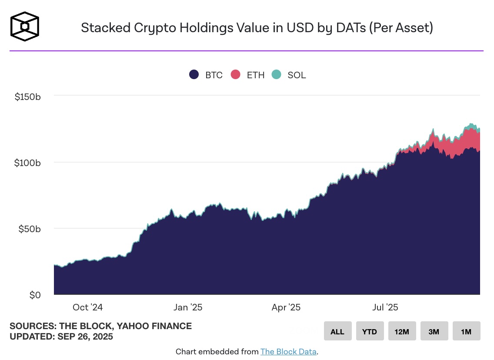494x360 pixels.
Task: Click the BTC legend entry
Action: pyautogui.click(x=206, y=75)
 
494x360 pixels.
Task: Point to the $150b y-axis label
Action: pyautogui.click(x=28, y=97)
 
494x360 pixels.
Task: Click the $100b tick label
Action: pyautogui.click(x=28, y=163)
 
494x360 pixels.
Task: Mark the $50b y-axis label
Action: pyautogui.click(x=30, y=229)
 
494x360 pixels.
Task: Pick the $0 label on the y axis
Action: pyautogui.click(x=35, y=295)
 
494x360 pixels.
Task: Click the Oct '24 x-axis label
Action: pyautogui.click(x=87, y=307)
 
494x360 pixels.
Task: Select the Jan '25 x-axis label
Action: pyautogui.click(x=187, y=307)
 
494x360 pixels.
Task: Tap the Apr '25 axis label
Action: pyautogui.click(x=286, y=307)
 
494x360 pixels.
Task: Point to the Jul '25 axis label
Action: pyautogui.click(x=385, y=307)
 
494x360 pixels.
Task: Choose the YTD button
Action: pyautogui.click(x=370, y=331)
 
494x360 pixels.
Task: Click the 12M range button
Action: pyautogui.click(x=402, y=331)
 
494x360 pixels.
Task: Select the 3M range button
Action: pyautogui.click(x=434, y=331)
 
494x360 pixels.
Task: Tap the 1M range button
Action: pyautogui.click(x=466, y=331)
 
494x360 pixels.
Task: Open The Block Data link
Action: pyautogui.click(x=288, y=351)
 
